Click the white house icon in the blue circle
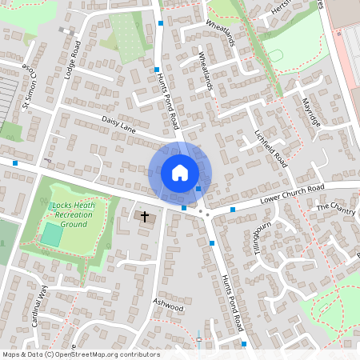click(x=179, y=172)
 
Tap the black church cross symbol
click(x=145, y=216)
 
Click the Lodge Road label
click(x=73, y=59)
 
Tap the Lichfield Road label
click(x=270, y=148)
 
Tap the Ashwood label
click(x=169, y=306)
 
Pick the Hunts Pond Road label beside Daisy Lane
click(x=170, y=103)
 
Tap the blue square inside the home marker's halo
click(x=198, y=189)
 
